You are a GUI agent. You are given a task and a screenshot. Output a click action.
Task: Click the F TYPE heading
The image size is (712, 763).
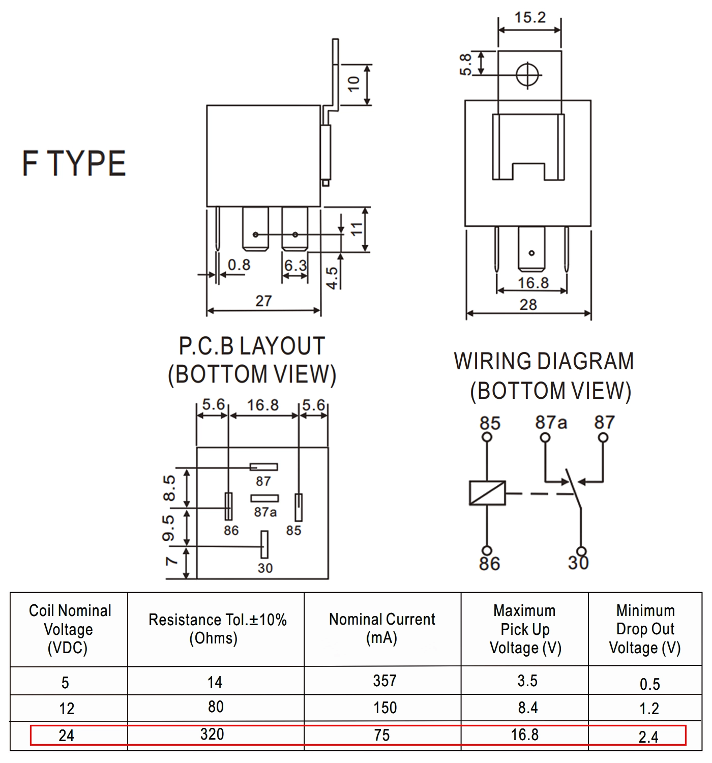[74, 163]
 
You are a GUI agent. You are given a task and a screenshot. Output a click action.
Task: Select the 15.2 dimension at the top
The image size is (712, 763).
[530, 18]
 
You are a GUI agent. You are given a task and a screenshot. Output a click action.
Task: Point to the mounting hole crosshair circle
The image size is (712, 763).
[528, 75]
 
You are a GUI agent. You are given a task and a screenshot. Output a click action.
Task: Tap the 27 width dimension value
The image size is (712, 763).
[263, 301]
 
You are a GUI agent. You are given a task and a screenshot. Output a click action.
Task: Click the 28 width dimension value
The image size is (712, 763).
[528, 305]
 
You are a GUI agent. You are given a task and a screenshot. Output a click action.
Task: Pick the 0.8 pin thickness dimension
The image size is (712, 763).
[239, 265]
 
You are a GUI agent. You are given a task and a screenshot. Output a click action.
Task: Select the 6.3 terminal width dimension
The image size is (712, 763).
[295, 265]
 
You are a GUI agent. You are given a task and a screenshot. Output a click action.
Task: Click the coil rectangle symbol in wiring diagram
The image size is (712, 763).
[487, 493]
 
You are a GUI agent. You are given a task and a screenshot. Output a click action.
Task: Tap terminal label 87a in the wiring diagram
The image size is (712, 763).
[551, 423]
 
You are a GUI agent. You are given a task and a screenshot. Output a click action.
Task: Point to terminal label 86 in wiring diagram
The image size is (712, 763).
[489, 564]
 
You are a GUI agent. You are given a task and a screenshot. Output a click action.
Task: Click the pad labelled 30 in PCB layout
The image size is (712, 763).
[264, 544]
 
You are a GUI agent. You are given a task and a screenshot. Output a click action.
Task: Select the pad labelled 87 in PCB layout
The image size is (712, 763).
[263, 467]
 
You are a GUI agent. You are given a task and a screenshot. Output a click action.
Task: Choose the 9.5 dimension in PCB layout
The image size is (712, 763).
[169, 529]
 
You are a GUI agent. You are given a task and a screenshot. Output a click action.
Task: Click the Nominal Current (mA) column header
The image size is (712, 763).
[382, 629]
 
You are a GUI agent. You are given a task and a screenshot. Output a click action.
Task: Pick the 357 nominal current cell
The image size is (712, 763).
[384, 681]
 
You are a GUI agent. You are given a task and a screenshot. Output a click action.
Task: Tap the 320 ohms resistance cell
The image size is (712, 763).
[212, 734]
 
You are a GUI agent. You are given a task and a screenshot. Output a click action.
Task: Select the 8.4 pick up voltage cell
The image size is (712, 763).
[527, 708]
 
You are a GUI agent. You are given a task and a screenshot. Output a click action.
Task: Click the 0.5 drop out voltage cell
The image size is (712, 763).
[649, 684]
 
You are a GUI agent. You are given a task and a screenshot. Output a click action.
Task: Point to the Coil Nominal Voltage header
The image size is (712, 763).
[69, 629]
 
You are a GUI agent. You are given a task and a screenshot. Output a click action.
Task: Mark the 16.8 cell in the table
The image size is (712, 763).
[524, 735]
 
